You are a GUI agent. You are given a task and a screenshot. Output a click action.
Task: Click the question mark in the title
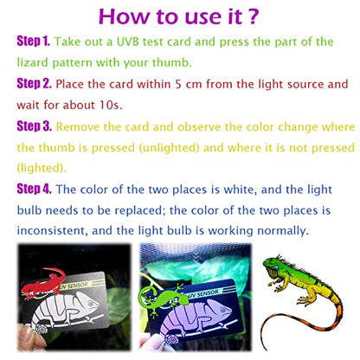[x=253, y=16]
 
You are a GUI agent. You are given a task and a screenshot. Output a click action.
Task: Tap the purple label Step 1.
[x=34, y=41]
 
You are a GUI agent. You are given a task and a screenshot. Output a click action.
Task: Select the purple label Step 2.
[x=34, y=84]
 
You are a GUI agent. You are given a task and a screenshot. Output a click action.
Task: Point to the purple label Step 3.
[x=35, y=126]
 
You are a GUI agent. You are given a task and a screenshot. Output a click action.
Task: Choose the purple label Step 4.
[x=34, y=189]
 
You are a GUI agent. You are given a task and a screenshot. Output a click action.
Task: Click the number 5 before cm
[x=178, y=84]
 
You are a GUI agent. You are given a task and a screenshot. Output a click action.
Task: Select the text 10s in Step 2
[x=111, y=105]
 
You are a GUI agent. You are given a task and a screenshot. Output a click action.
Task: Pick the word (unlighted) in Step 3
[x=170, y=148]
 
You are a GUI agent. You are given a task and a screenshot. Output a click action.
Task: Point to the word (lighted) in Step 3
[x=42, y=168]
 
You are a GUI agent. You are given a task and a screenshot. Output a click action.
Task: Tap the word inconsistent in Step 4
[x=52, y=231]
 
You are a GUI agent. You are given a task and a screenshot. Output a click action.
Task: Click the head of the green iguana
[x=272, y=266]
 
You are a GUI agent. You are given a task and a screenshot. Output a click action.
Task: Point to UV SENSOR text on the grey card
[x=74, y=286]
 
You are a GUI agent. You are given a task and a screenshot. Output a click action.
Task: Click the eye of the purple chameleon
[x=225, y=309]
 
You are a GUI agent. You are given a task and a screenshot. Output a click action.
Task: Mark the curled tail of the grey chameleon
[x=41, y=328]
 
